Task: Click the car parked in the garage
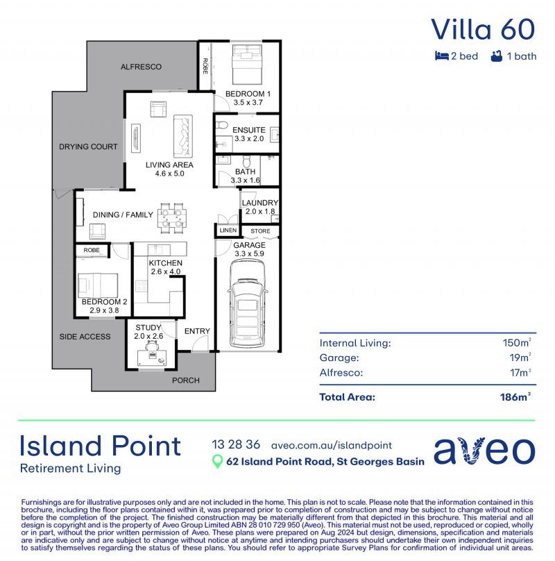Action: click(x=248, y=306)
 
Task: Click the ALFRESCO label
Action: click(x=141, y=67)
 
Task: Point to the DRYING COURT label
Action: click(x=88, y=146)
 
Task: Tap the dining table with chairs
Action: click(x=172, y=215)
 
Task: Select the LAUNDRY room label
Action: click(x=260, y=203)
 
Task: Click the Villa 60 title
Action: click(x=483, y=29)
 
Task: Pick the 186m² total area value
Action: click(x=515, y=397)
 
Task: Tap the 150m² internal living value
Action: click(x=517, y=342)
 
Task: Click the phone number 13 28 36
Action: click(x=236, y=445)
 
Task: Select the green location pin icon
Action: click(x=217, y=462)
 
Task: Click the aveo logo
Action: click(x=484, y=451)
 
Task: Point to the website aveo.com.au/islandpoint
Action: click(x=332, y=445)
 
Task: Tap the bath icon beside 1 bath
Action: click(x=496, y=56)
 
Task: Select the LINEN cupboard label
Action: click(x=228, y=231)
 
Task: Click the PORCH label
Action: click(x=185, y=380)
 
